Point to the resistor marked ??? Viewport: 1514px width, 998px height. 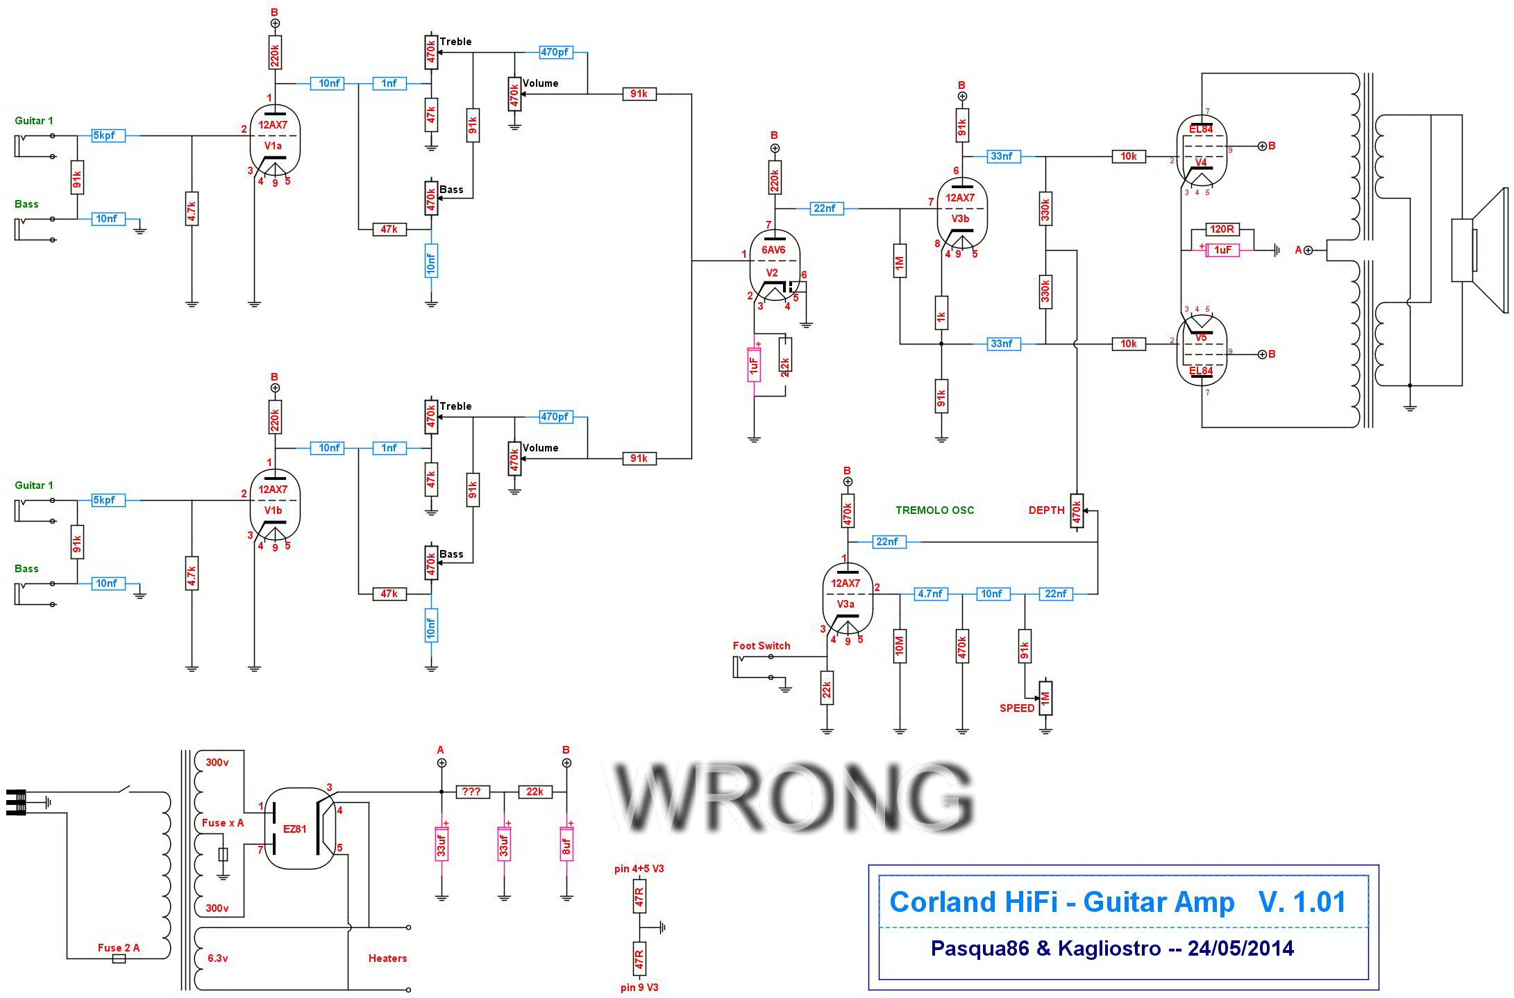click(473, 792)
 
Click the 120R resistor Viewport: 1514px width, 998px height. click(1222, 229)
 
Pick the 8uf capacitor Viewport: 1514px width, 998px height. click(566, 843)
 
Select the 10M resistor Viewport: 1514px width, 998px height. click(900, 646)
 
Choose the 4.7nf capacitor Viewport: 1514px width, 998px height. click(930, 594)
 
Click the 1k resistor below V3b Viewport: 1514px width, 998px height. click(941, 315)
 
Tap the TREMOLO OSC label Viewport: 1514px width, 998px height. click(934, 510)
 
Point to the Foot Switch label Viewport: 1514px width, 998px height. click(762, 646)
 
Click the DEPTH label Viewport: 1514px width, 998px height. click(1046, 510)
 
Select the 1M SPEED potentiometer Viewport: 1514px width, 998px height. click(1045, 697)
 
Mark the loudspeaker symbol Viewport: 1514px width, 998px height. click(1480, 250)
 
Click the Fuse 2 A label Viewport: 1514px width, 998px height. click(119, 948)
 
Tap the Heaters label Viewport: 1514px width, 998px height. click(387, 958)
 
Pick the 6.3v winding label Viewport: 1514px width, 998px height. click(217, 958)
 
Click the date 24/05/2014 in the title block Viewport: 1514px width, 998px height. click(1240, 949)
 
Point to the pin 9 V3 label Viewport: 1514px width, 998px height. click(639, 988)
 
